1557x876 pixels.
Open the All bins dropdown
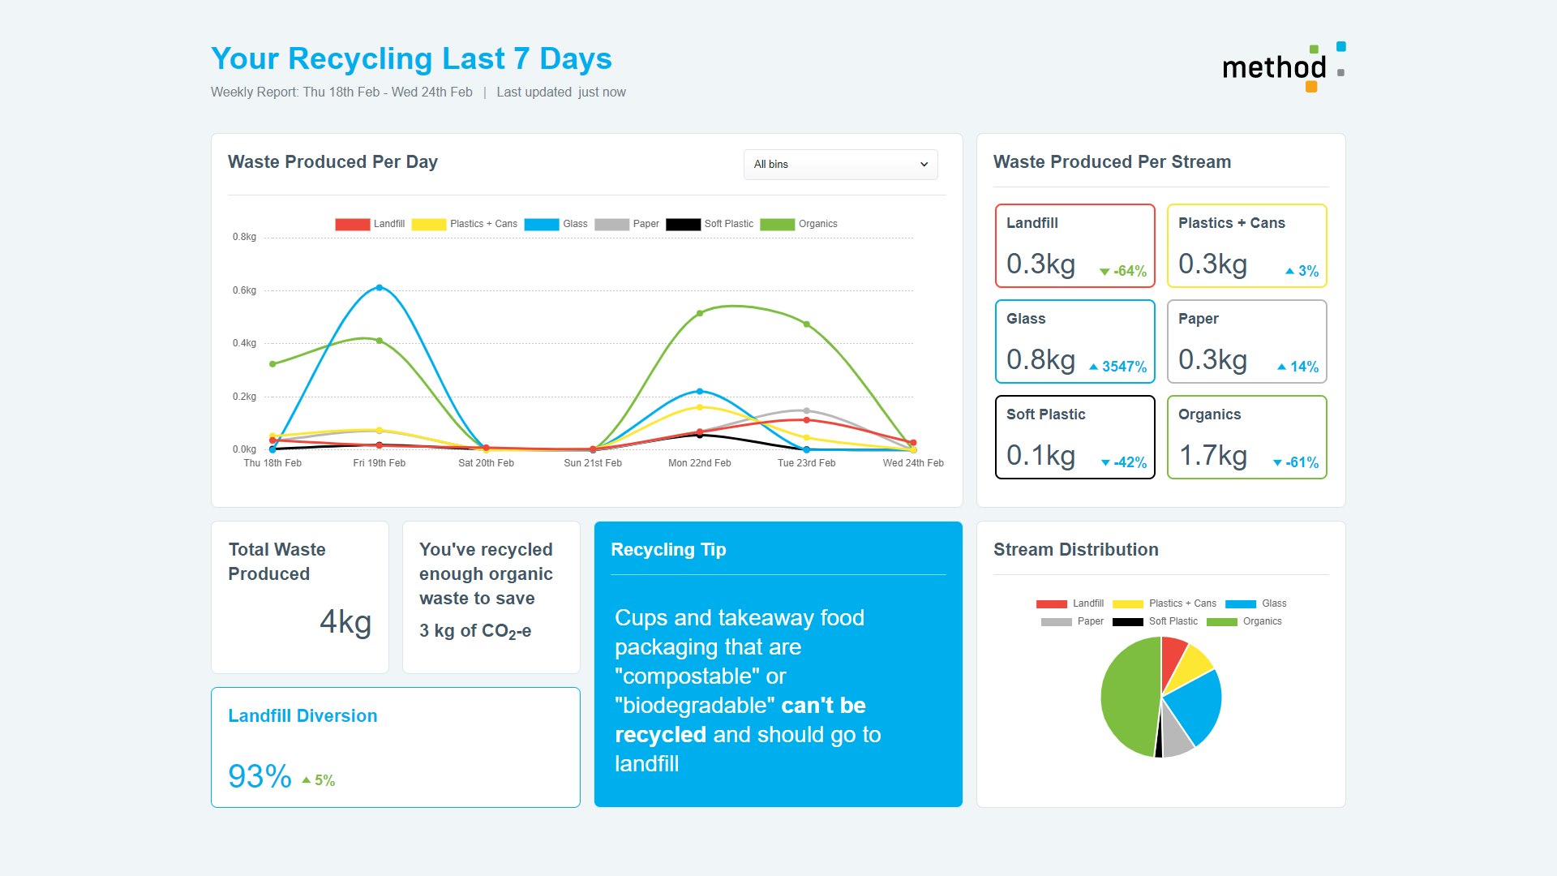pyautogui.click(x=840, y=165)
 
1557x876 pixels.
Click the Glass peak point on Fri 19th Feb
pyautogui.click(x=380, y=288)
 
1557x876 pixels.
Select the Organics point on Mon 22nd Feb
pyautogui.click(x=700, y=313)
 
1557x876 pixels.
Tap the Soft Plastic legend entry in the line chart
pyautogui.click(x=710, y=224)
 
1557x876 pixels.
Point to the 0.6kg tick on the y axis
pyautogui.click(x=244, y=290)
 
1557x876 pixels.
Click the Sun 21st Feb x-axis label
pyautogui.click(x=593, y=463)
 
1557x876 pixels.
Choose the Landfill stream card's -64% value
pyautogui.click(x=1124, y=271)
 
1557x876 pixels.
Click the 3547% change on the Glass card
pyautogui.click(x=1119, y=367)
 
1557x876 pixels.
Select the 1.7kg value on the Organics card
pyautogui.click(x=1213, y=456)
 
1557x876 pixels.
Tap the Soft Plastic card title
pyautogui.click(x=1045, y=414)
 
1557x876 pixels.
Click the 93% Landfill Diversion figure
pyautogui.click(x=259, y=777)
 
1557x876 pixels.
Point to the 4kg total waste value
pyautogui.click(x=345, y=622)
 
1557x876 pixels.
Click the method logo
pyautogui.click(x=1282, y=67)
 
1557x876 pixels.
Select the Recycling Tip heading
pyautogui.click(x=668, y=550)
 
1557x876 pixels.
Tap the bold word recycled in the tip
pyautogui.click(x=660, y=735)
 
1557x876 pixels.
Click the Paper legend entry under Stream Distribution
pyautogui.click(x=1073, y=621)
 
